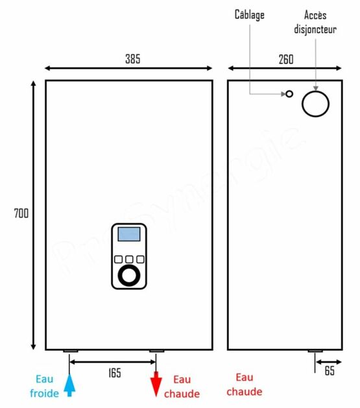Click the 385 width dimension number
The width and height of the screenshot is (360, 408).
[133, 59]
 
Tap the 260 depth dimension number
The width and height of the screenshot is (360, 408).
[286, 59]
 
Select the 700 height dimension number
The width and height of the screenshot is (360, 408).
[21, 213]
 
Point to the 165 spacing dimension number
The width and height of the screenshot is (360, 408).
[115, 373]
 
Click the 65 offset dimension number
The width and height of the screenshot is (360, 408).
[330, 371]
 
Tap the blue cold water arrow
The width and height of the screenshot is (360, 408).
[69, 385]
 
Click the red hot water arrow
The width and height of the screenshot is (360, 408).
[156, 384]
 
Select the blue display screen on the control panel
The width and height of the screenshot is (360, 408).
[129, 234]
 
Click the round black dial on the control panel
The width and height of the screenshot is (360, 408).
[129, 276]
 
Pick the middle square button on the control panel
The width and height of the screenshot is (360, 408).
[129, 259]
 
